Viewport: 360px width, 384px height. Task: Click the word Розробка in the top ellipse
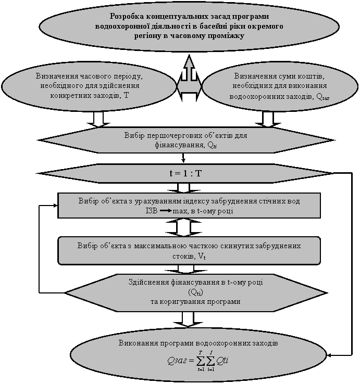[127, 17]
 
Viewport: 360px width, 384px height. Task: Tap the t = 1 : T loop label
[185, 174]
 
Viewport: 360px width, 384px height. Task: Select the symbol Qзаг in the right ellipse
[323, 97]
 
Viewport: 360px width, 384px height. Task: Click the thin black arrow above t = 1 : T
[183, 158]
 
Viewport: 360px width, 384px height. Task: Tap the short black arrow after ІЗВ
[166, 211]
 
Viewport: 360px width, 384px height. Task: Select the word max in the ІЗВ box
[180, 211]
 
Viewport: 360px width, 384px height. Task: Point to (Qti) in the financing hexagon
[195, 292]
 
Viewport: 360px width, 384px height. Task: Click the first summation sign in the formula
[201, 361]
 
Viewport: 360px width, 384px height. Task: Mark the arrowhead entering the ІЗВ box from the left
[55, 205]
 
